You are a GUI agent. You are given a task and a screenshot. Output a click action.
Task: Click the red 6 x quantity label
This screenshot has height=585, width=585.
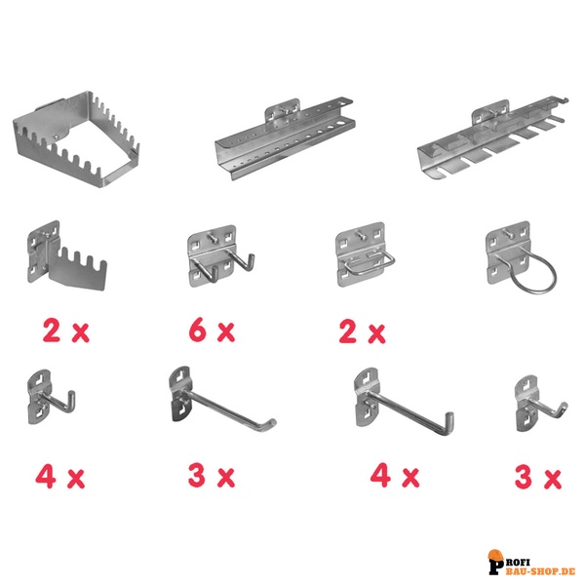pyautogui.click(x=212, y=331)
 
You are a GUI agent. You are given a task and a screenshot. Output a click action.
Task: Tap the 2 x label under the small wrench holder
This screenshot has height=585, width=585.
pyautogui.click(x=66, y=331)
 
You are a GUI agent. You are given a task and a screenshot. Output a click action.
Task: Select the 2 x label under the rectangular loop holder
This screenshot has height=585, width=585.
pyautogui.click(x=362, y=331)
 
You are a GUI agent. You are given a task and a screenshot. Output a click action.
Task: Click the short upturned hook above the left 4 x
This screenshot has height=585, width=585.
pyautogui.click(x=51, y=397)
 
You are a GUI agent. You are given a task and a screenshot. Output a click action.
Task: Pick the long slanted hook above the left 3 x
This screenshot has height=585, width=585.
pyautogui.click(x=221, y=399)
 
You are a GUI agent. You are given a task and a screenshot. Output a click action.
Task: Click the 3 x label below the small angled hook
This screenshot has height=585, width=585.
pyautogui.click(x=538, y=478)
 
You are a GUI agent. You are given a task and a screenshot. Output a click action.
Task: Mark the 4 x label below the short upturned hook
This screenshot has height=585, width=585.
pyautogui.click(x=60, y=477)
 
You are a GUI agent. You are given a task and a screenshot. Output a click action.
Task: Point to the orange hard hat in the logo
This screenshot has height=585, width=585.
pyautogui.click(x=495, y=555)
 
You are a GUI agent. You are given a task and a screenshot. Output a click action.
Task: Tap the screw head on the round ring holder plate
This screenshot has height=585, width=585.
pyautogui.click(x=507, y=233)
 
